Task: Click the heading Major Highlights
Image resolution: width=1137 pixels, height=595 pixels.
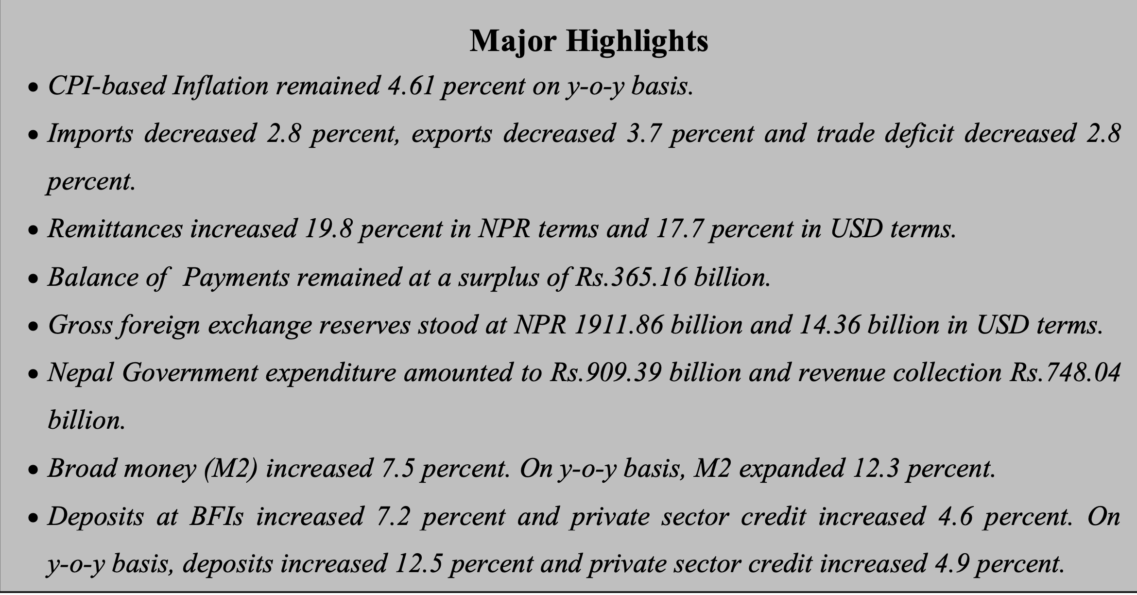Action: pyautogui.click(x=588, y=41)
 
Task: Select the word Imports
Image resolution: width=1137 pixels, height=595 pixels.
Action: pyautogui.click(x=90, y=134)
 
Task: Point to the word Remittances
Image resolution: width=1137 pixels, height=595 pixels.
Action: pyautogui.click(x=115, y=229)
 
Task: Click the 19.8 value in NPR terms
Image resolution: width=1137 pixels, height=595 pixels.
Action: pyautogui.click(x=327, y=229)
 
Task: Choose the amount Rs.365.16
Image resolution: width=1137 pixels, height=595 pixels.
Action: pyautogui.click(x=630, y=277)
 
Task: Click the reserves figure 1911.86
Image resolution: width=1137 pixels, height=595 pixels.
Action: pyautogui.click(x=618, y=324)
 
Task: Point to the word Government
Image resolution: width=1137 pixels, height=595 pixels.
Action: pyautogui.click(x=189, y=372)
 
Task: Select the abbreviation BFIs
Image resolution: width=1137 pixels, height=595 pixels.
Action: pyautogui.click(x=217, y=516)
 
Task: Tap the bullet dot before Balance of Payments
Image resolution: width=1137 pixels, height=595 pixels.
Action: pyautogui.click(x=33, y=280)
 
